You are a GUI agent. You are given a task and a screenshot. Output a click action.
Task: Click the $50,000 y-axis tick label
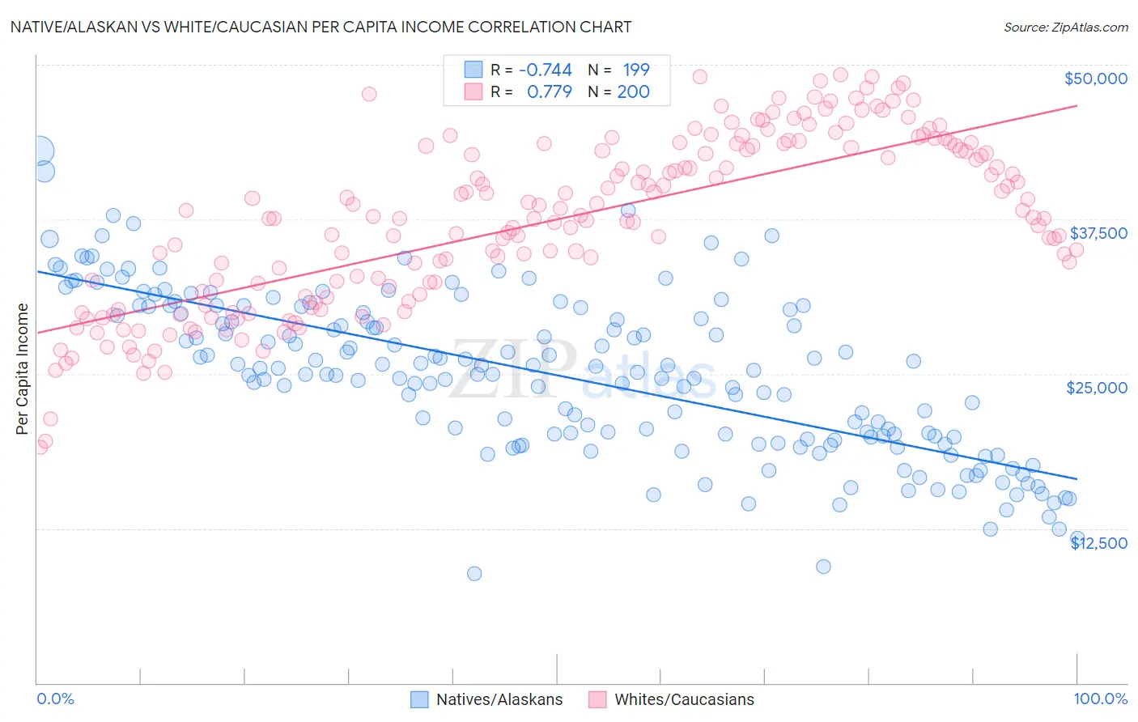tap(1095, 79)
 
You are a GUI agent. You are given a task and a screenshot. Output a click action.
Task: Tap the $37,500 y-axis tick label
tap(1098, 233)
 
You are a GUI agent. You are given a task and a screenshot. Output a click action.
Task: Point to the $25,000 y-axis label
tap(1097, 388)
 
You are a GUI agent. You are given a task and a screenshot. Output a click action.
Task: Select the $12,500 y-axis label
tap(1099, 543)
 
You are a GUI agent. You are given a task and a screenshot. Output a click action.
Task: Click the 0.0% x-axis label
tap(56, 699)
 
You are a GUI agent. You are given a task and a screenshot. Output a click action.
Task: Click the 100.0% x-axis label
tap(1101, 699)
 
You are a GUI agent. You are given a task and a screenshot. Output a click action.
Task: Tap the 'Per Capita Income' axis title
tap(23, 368)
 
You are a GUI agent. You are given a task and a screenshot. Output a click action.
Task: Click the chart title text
tap(321, 27)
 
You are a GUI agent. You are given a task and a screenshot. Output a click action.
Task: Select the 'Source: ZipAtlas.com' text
tap(1066, 27)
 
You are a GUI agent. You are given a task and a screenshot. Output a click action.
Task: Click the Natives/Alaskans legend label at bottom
tap(499, 699)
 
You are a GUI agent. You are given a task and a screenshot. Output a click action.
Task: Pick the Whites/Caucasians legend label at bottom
tap(684, 699)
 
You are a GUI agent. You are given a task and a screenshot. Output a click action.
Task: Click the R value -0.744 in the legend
tap(545, 70)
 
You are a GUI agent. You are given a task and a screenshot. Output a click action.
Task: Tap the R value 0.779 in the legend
tap(549, 91)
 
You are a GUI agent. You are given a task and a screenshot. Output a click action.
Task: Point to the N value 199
tap(636, 70)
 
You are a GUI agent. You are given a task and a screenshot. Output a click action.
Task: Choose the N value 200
tap(634, 91)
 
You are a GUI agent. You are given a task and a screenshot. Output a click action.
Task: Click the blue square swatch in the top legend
tap(473, 70)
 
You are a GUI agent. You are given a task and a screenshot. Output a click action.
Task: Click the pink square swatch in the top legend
tap(473, 91)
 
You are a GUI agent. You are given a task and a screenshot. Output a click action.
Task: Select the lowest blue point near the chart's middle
tap(474, 573)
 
